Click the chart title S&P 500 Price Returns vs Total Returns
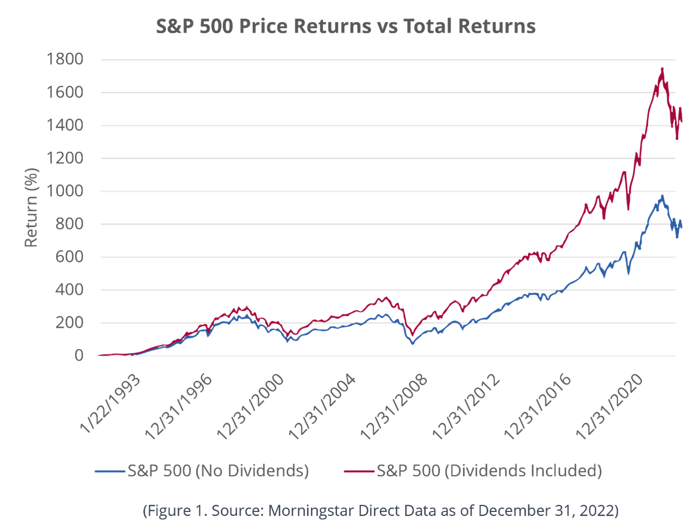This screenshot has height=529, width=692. (x=346, y=26)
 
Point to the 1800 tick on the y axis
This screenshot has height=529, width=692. (x=65, y=59)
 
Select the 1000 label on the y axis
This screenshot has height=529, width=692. (x=65, y=191)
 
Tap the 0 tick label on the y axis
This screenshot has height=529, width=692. (x=79, y=356)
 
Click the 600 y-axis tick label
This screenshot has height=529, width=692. (x=70, y=257)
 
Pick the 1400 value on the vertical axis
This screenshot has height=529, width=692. (x=65, y=125)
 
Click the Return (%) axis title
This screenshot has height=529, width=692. (x=31, y=207)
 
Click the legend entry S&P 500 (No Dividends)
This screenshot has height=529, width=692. (x=218, y=471)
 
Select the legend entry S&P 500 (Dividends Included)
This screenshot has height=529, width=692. (x=489, y=471)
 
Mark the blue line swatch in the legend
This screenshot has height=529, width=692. (x=110, y=471)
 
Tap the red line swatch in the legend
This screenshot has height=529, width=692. (x=359, y=471)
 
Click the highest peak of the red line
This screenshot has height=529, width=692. (x=662, y=68)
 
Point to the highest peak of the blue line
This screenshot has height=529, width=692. (x=662, y=195)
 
